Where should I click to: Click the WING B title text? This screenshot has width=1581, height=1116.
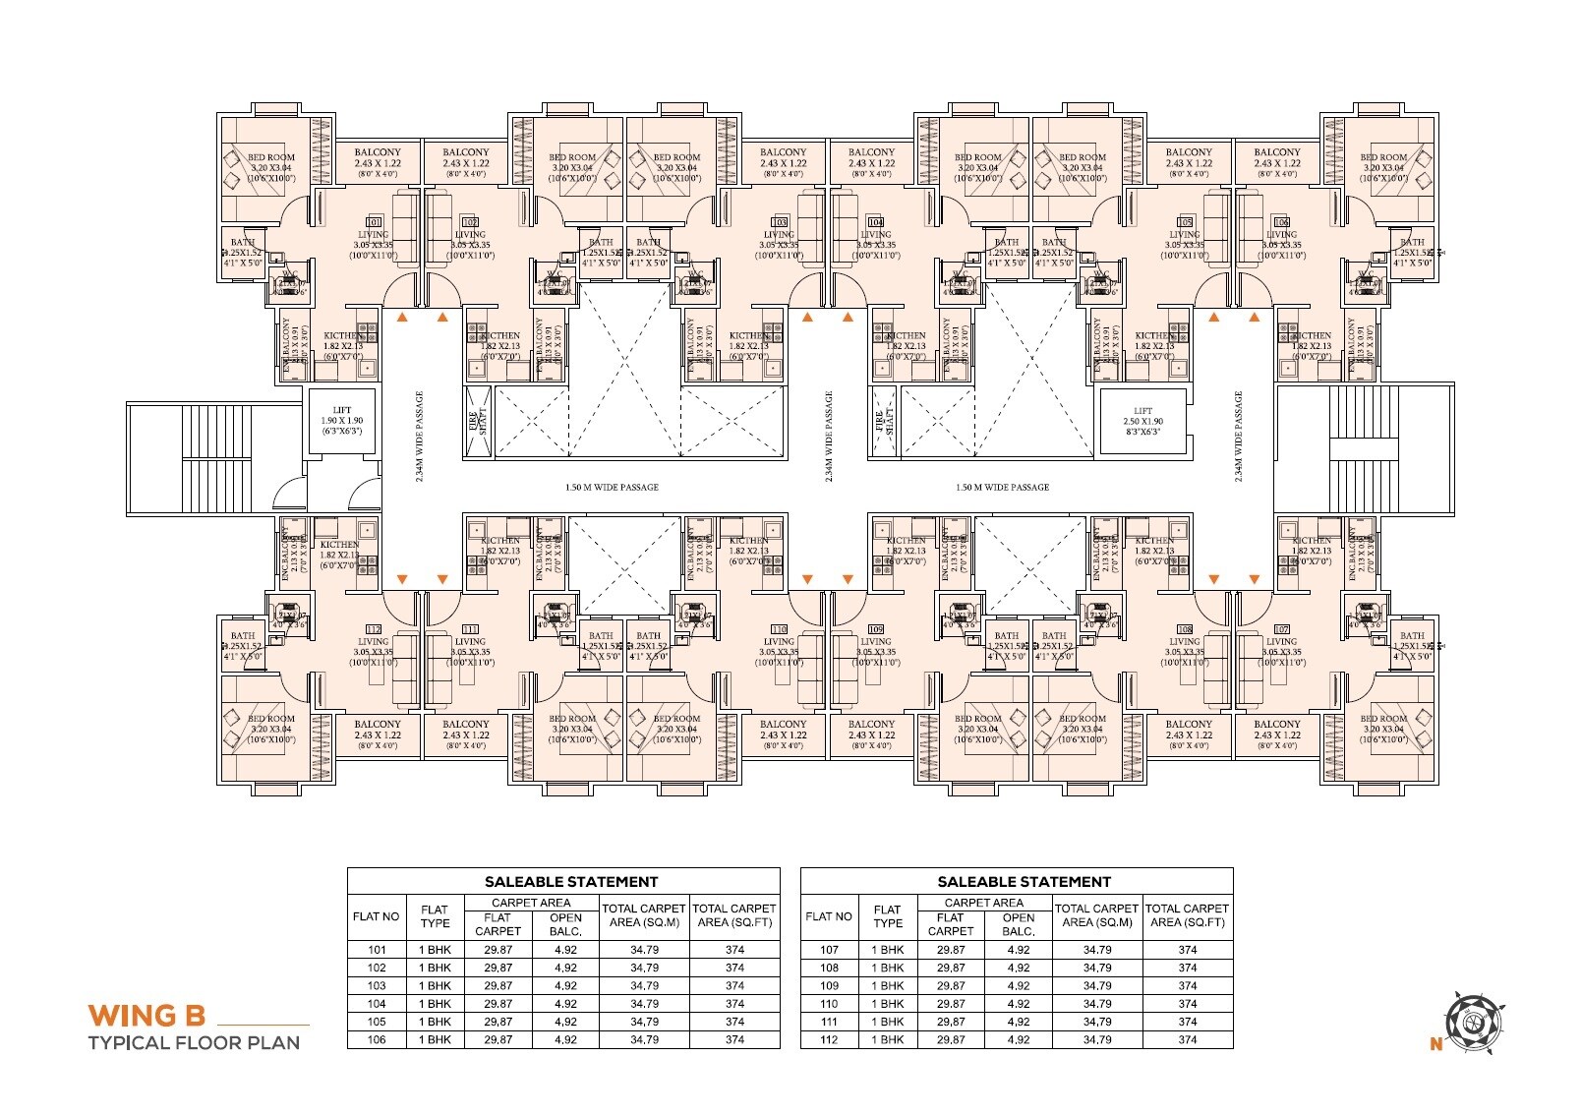(x=147, y=1014)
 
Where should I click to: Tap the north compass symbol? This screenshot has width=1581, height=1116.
(x=1472, y=1023)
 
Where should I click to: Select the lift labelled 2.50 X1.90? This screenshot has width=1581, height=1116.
(x=1142, y=421)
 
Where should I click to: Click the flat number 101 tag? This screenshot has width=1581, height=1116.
(x=374, y=222)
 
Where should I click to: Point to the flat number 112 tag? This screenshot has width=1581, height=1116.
(x=373, y=629)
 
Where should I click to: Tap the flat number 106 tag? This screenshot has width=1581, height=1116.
(x=1281, y=222)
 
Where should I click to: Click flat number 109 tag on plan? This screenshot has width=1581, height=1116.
(x=876, y=629)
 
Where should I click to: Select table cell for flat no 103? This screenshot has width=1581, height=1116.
(x=377, y=986)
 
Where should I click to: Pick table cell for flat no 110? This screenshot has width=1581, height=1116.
(x=829, y=1004)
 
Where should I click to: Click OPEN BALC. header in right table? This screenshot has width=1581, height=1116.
(x=1018, y=924)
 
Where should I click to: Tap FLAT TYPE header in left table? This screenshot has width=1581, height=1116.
(x=435, y=916)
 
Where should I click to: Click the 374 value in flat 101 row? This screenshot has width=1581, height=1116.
(x=734, y=950)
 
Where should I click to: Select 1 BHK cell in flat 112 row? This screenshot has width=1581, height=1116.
(x=887, y=1039)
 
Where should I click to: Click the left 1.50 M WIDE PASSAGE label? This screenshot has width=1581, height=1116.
(x=612, y=488)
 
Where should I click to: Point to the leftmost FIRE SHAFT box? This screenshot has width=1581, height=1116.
(x=478, y=422)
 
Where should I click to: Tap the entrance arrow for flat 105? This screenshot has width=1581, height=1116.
(x=1214, y=318)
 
